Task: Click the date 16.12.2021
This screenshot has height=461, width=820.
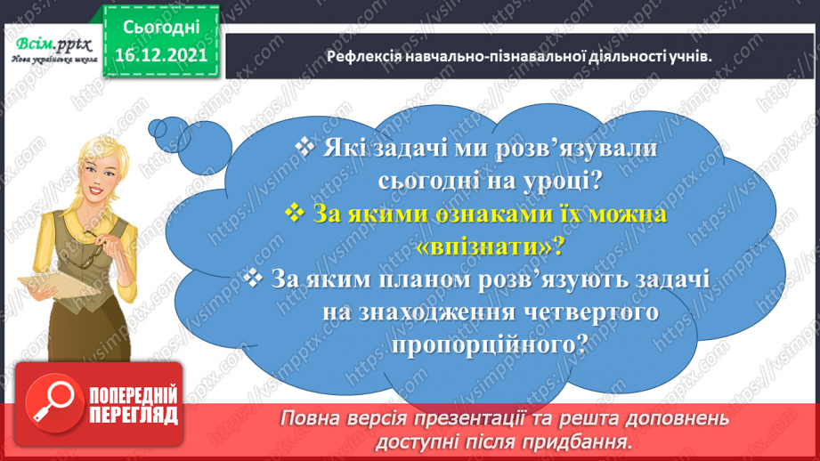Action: (x=161, y=55)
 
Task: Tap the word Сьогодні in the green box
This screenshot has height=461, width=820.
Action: (x=161, y=28)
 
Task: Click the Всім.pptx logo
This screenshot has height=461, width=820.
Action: (x=53, y=50)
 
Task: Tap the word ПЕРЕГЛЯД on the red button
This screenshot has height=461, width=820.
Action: (x=134, y=416)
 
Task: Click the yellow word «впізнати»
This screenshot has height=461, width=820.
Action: (x=489, y=247)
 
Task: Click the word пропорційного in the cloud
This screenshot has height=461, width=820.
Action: (x=490, y=345)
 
